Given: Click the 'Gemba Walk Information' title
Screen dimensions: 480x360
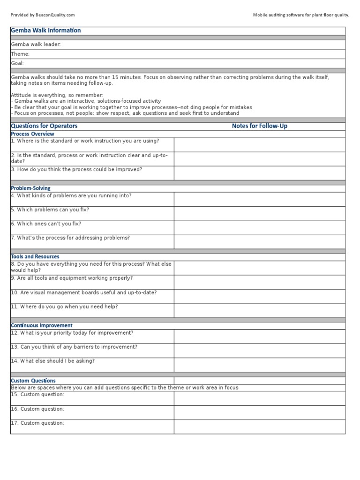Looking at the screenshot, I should [x=45, y=30].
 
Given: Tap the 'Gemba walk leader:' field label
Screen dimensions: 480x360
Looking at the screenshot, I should [x=36, y=45].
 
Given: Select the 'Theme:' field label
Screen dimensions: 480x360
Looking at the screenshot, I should [x=20, y=54].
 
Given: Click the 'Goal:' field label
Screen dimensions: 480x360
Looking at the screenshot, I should [x=17, y=63].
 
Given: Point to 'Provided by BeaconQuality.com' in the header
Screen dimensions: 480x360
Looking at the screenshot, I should [x=43, y=15].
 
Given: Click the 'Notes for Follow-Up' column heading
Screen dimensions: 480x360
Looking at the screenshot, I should [x=260, y=126].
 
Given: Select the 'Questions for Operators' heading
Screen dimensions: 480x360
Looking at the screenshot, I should [x=44, y=126].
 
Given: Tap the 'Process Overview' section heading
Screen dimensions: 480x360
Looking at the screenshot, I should [x=32, y=134].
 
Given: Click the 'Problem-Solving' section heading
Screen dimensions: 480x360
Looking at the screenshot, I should [x=30, y=188].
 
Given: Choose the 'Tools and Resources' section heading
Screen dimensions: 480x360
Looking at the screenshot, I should [x=35, y=257].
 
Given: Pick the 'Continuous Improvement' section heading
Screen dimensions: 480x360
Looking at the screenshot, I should [x=42, y=325].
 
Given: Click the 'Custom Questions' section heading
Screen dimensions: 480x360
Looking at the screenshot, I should [x=33, y=381].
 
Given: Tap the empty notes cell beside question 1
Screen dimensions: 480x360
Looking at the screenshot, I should [x=260, y=144].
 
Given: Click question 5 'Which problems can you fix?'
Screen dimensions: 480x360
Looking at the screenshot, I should [x=50, y=210].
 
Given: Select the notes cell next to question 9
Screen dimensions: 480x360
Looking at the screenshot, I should [x=260, y=282].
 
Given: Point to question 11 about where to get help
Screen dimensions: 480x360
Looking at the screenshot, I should [x=64, y=307].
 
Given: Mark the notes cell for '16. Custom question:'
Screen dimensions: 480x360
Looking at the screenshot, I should [x=260, y=412].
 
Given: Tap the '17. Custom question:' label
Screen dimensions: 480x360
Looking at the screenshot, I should [x=37, y=423].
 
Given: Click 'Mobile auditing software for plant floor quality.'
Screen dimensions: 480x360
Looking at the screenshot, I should [x=301, y=15].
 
